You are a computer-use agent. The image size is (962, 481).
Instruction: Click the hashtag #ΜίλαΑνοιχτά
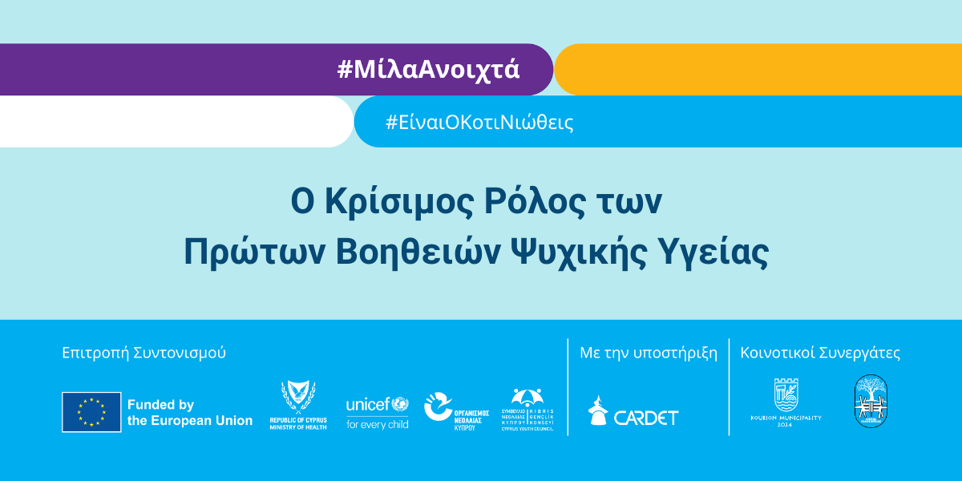click(x=428, y=70)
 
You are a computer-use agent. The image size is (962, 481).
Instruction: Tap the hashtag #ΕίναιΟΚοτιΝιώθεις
click(x=479, y=123)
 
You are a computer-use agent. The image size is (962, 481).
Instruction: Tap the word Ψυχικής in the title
click(x=592, y=253)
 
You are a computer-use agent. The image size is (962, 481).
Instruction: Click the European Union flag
click(x=91, y=412)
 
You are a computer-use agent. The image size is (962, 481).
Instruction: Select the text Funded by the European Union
click(x=189, y=413)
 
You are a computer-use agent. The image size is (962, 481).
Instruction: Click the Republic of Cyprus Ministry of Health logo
click(x=298, y=406)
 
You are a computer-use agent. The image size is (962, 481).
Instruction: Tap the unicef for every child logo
click(x=377, y=412)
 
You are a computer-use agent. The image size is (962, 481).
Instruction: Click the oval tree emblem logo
click(x=871, y=401)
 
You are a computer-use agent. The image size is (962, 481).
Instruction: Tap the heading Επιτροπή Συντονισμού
click(x=143, y=353)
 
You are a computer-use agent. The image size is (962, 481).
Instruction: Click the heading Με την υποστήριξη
click(x=649, y=353)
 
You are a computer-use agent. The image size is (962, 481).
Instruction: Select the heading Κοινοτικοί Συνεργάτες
click(x=820, y=353)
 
